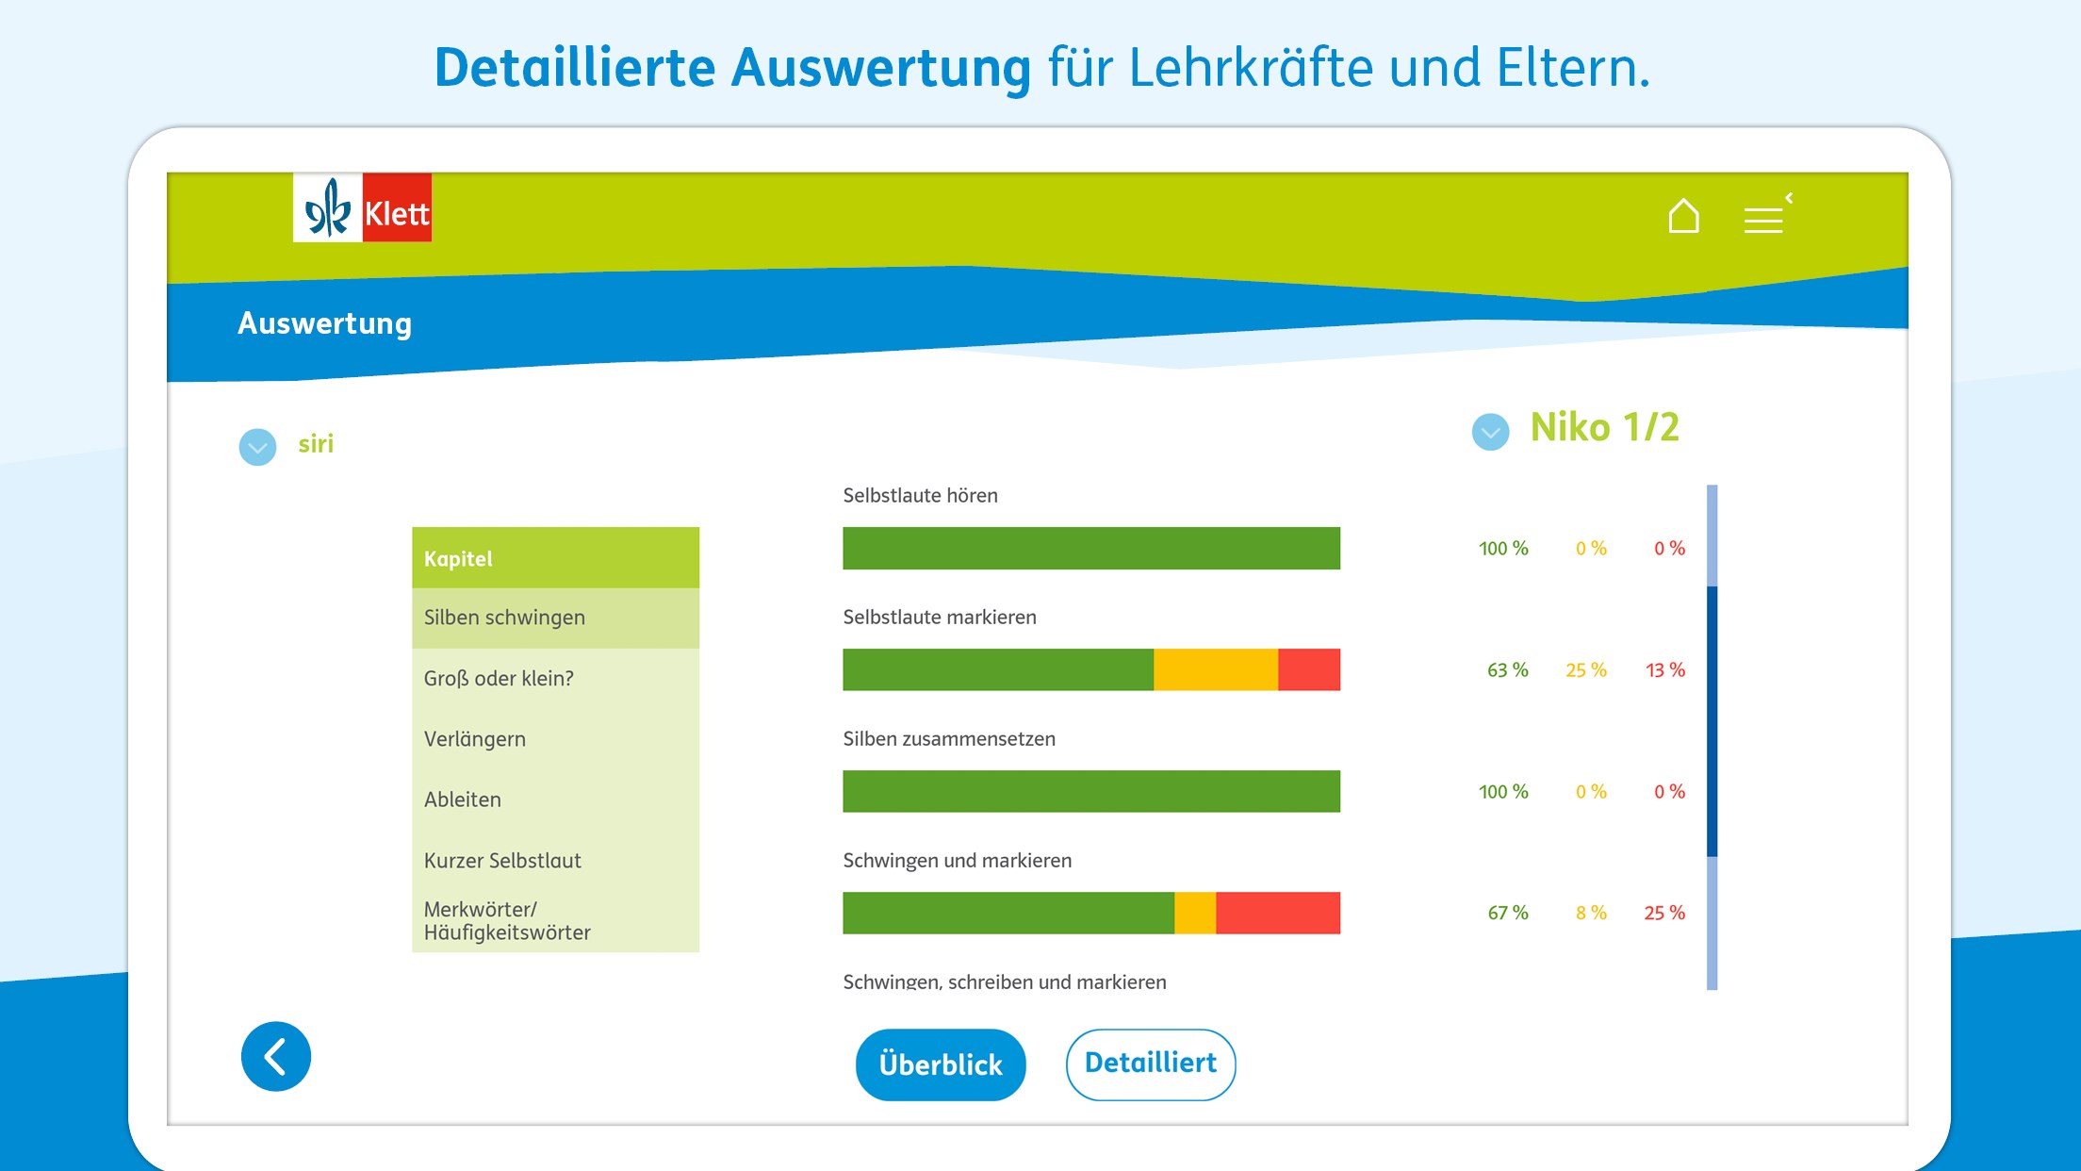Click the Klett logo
[363, 208]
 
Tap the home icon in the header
[1683, 216]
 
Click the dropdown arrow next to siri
[257, 447]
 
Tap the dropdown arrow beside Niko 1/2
[1490, 432]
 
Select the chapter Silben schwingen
[555, 618]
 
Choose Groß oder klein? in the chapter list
[555, 679]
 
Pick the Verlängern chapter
[555, 739]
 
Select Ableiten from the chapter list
[555, 800]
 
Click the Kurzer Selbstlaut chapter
[555, 861]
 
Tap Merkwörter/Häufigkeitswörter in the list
[555, 921]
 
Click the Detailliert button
[1150, 1064]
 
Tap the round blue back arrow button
[276, 1056]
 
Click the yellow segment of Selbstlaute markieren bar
[1215, 669]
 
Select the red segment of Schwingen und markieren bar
[1277, 913]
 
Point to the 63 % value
[1507, 670]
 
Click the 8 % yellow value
[1591, 913]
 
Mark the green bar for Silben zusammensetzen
[1090, 791]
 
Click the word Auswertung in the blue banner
[324, 323]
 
